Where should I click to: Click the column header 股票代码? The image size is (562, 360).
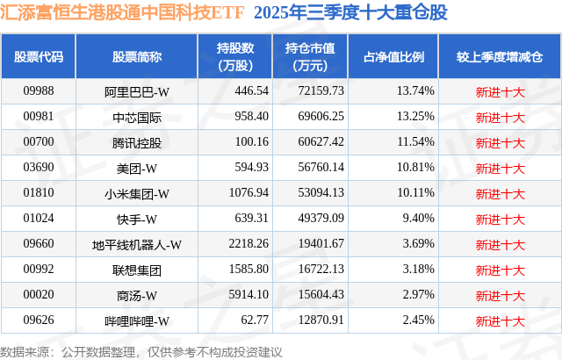[38, 56]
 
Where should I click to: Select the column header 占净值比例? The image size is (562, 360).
[393, 56]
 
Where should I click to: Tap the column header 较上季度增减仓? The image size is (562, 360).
[499, 56]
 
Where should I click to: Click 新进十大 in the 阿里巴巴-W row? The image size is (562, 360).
[499, 90]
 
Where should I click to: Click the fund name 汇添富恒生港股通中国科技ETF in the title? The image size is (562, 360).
[124, 15]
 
